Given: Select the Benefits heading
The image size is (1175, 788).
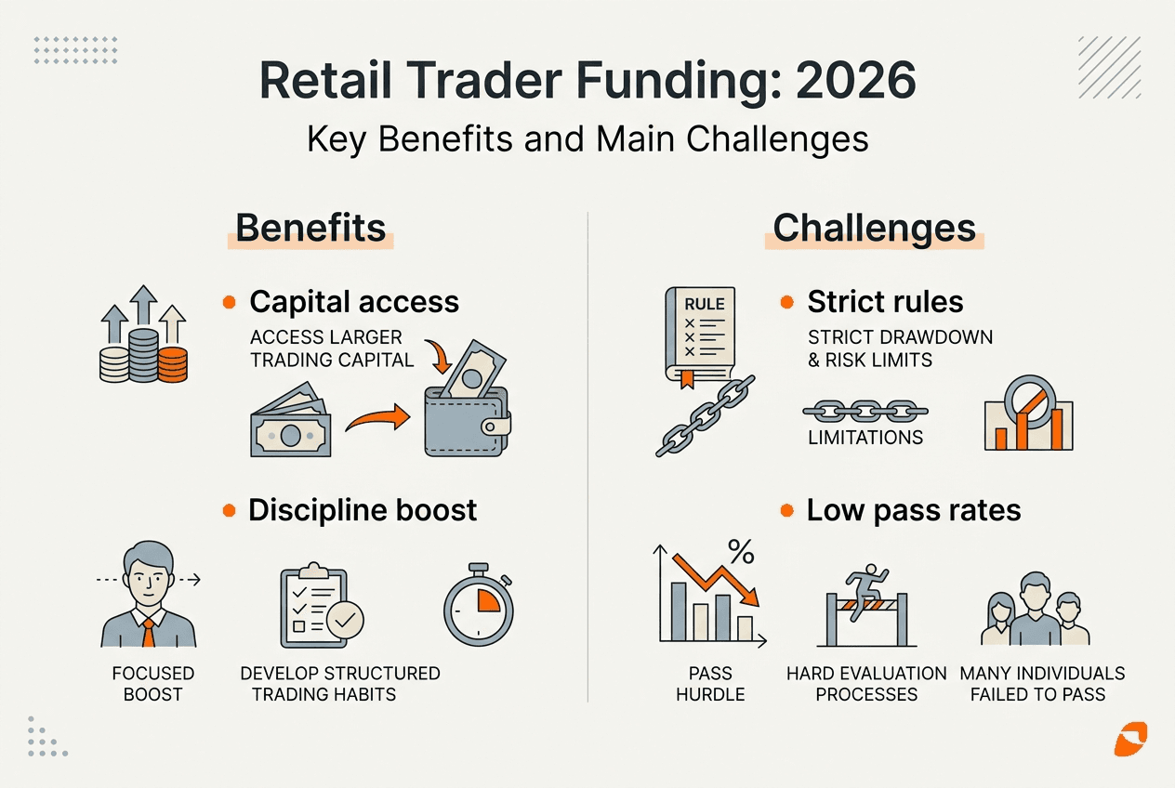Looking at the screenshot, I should point(310,228).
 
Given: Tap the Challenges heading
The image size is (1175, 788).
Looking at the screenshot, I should point(874,228).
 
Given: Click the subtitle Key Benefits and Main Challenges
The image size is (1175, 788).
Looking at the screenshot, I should point(587,139).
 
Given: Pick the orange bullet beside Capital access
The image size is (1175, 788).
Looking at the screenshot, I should point(229,302).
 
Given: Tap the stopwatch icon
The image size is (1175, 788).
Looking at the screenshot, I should point(479,604).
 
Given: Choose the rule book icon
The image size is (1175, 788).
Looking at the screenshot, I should point(695,335).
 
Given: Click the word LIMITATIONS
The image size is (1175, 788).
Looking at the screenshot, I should point(865,438).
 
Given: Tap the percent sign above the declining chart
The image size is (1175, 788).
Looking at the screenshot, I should point(740,553).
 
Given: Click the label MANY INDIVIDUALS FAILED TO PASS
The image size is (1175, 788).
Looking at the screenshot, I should point(1042,683).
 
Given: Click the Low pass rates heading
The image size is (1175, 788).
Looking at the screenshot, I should point(914,510).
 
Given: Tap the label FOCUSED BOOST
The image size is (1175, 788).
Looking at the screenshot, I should point(152,683).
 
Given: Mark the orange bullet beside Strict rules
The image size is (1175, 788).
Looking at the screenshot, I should point(786,302).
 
